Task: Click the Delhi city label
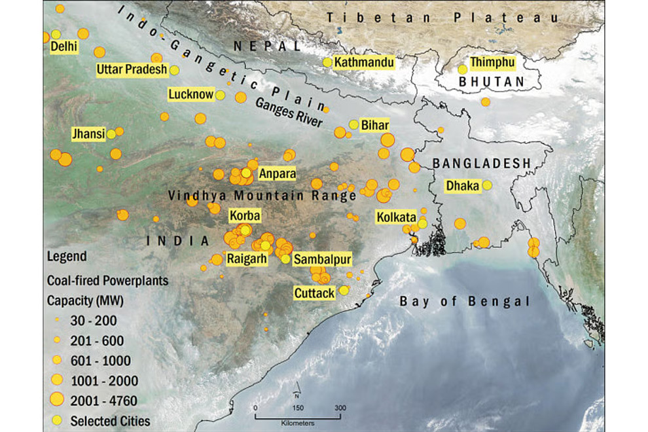pyautogui.click(x=63, y=47)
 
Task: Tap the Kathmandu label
pyautogui.click(x=364, y=63)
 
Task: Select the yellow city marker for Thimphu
pyautogui.click(x=463, y=69)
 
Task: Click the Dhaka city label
pyautogui.click(x=463, y=186)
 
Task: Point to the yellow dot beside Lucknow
pyautogui.click(x=221, y=96)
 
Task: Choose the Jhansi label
pyautogui.click(x=88, y=134)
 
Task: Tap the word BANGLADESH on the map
pyautogui.click(x=482, y=162)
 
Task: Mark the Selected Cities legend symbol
pyautogui.click(x=56, y=420)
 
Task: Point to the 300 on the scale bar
pyautogui.click(x=340, y=407)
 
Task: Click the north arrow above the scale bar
pyautogui.click(x=297, y=394)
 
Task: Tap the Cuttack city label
pyautogui.click(x=315, y=292)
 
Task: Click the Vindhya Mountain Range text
pyautogui.click(x=262, y=195)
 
